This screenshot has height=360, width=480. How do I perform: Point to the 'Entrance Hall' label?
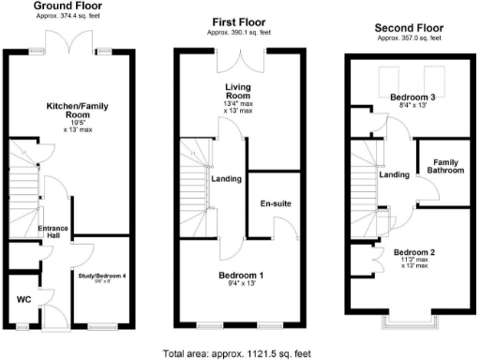point(54,232)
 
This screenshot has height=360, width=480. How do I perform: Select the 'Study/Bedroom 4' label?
point(97,275)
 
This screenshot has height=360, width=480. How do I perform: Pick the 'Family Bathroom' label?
point(446,167)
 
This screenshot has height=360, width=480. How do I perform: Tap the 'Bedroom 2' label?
point(413,253)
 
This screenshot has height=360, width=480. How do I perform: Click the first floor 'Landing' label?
point(228,179)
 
